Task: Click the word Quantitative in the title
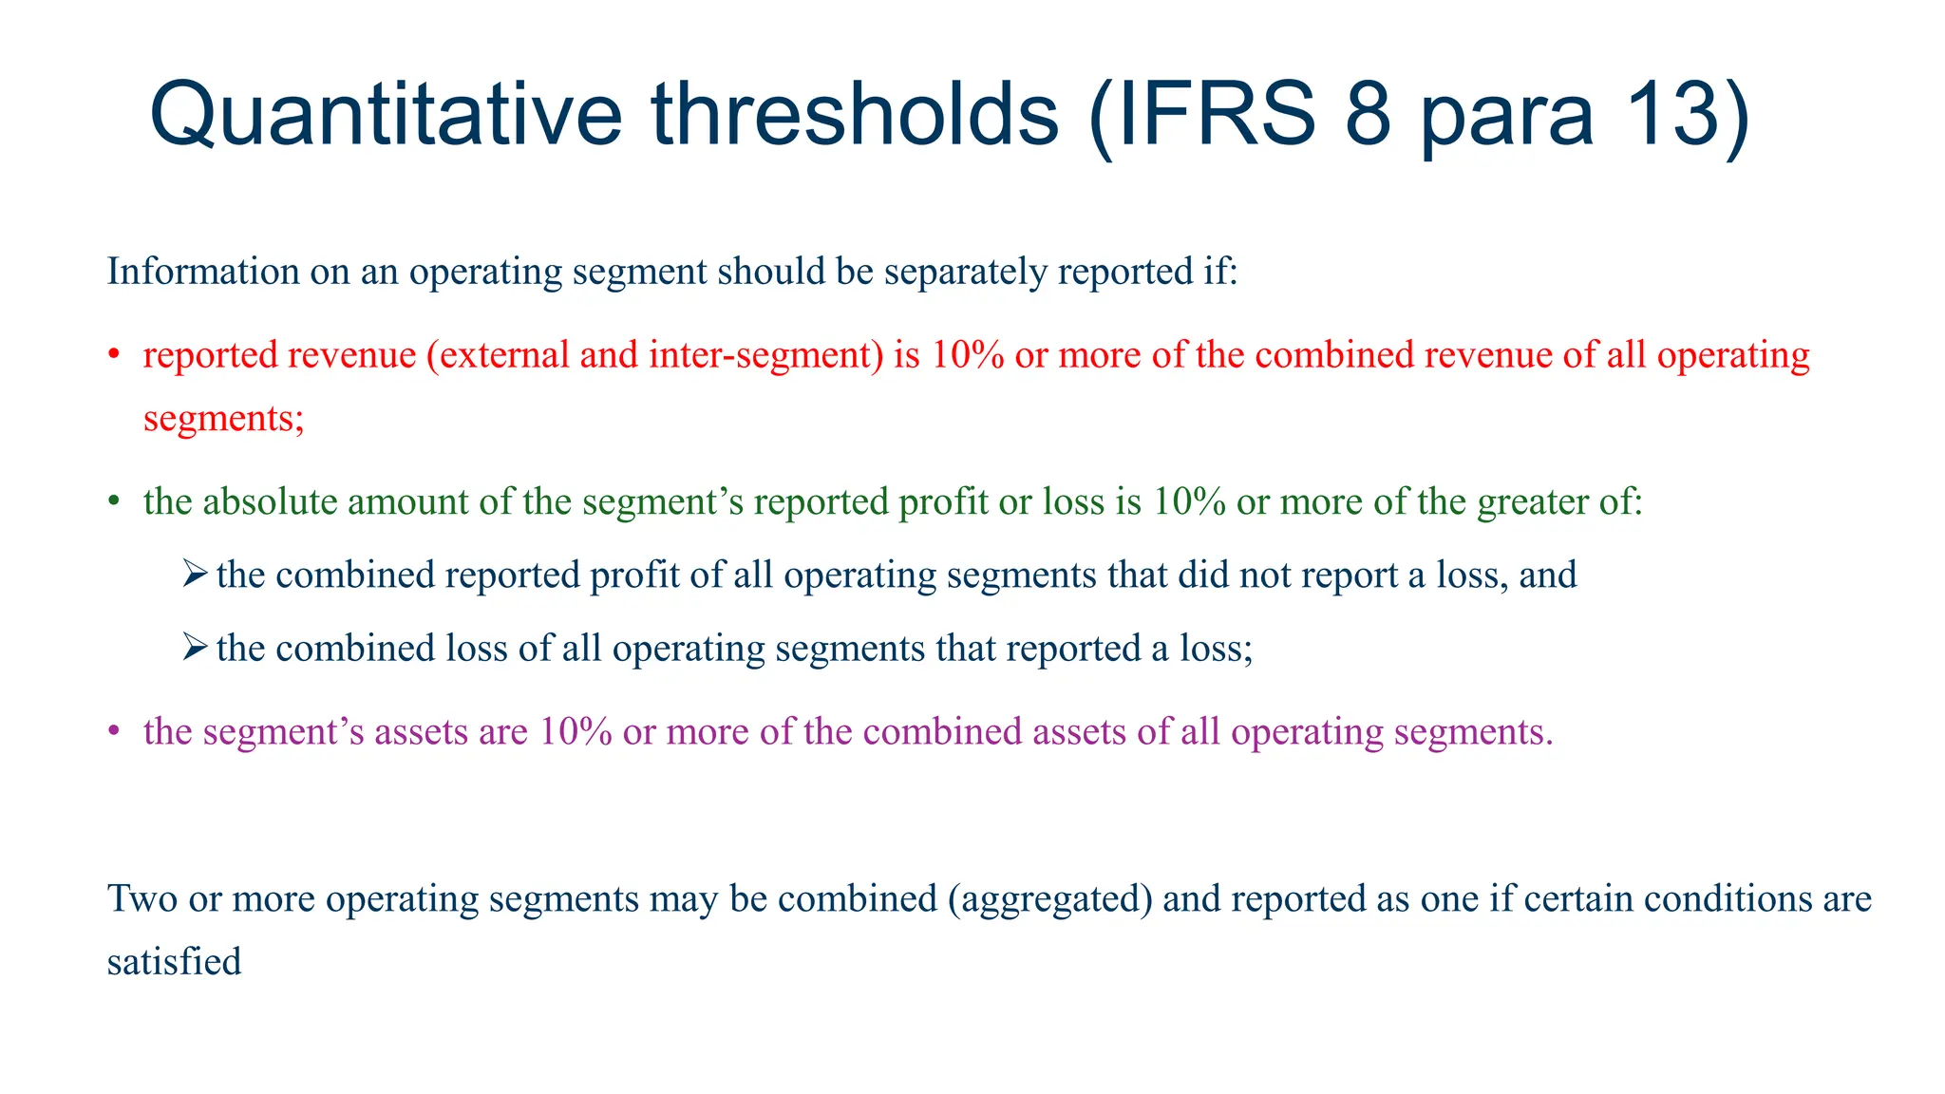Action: pyautogui.click(x=386, y=115)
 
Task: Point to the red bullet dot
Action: pyautogui.click(x=113, y=356)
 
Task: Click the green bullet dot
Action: pyautogui.click(x=113, y=502)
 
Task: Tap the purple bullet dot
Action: pyautogui.click(x=113, y=732)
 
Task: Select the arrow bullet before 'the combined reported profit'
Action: pyautogui.click(x=194, y=574)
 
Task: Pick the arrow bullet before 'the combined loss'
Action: pyautogui.click(x=194, y=647)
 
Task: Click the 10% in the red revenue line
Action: pyautogui.click(x=967, y=355)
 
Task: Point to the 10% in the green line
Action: pyautogui.click(x=1189, y=501)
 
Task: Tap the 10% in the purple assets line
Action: pyautogui.click(x=575, y=731)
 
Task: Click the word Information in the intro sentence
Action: pyautogui.click(x=203, y=272)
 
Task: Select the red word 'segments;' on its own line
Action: pyautogui.click(x=224, y=419)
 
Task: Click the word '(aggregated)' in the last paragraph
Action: pyautogui.click(x=1049, y=898)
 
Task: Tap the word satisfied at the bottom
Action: pyautogui.click(x=174, y=962)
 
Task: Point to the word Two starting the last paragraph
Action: pyautogui.click(x=142, y=898)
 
